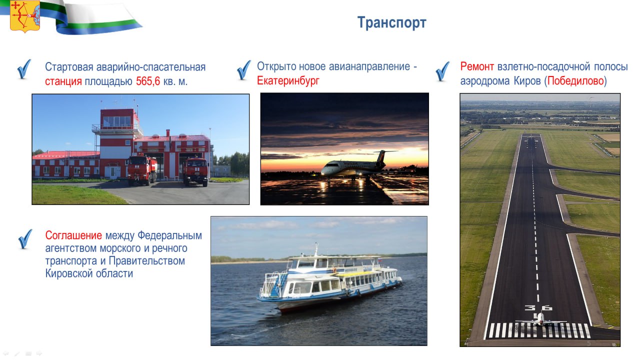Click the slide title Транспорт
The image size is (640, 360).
(x=391, y=23)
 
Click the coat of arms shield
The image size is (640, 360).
(x=25, y=15)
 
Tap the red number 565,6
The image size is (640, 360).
(x=148, y=81)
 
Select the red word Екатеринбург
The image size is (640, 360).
(x=288, y=81)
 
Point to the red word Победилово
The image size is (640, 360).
(x=575, y=81)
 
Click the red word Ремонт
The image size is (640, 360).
(x=477, y=66)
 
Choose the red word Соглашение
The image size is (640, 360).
(x=73, y=235)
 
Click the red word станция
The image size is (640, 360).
(x=63, y=81)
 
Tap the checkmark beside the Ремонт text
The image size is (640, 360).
(x=442, y=71)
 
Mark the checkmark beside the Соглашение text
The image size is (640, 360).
(x=25, y=239)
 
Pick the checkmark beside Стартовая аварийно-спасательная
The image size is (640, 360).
(x=24, y=69)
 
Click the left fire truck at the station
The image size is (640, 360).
(x=142, y=170)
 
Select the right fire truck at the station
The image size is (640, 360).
(x=195, y=172)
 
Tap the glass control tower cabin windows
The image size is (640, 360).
(x=116, y=121)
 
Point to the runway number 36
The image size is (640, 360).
(x=538, y=308)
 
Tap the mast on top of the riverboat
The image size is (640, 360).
(x=316, y=249)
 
